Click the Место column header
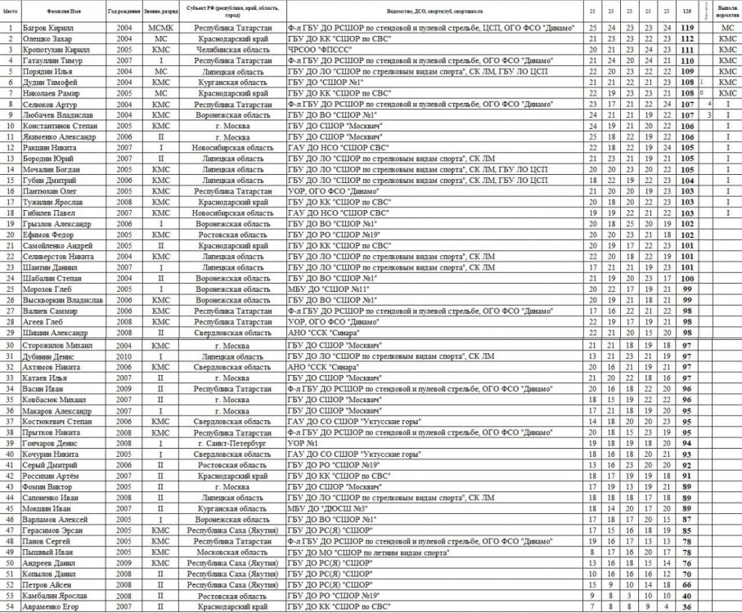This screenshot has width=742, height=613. click(11, 10)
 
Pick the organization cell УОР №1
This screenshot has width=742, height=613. click(302, 442)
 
